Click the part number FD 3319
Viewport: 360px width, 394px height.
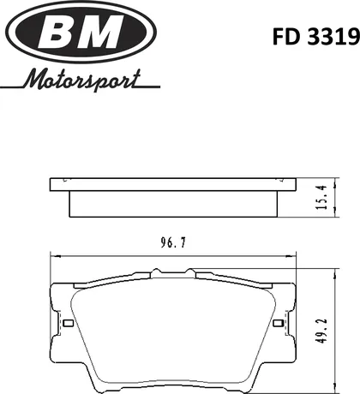click(x=315, y=37)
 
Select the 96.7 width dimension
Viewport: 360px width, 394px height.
click(x=173, y=243)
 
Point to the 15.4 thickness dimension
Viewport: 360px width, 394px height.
click(x=321, y=197)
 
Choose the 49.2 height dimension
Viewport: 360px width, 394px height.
click(x=321, y=331)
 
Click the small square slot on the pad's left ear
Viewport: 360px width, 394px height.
click(x=68, y=323)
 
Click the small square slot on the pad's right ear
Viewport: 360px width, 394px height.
click(x=278, y=323)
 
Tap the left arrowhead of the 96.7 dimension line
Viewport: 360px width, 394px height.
click(x=54, y=256)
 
